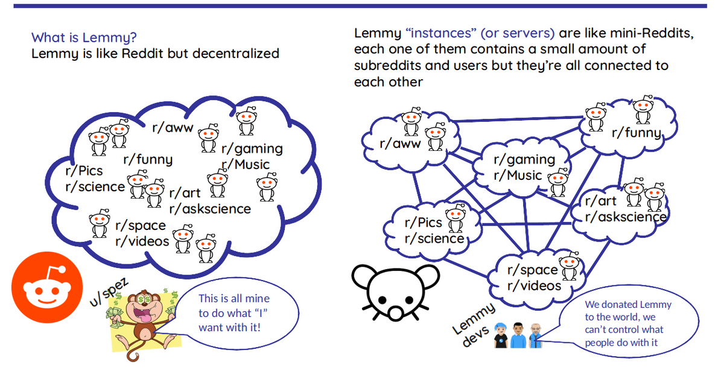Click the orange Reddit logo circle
coord(47,287)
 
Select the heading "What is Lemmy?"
coord(84,37)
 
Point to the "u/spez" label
coord(109,292)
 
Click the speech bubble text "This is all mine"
coord(234,298)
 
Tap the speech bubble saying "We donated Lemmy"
coord(628,322)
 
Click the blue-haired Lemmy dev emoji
coord(501,336)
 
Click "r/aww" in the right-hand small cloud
coord(400,143)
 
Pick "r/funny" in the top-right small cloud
coord(637,133)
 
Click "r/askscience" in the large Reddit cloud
coord(210,209)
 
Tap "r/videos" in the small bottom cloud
coord(535,286)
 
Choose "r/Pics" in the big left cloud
coord(84,171)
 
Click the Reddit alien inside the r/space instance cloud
coord(569,266)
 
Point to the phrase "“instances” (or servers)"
coord(480,33)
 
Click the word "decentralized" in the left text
coord(236,53)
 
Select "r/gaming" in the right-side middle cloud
coord(524,159)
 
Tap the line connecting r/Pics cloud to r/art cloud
coord(526,224)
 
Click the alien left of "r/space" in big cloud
coord(100,223)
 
